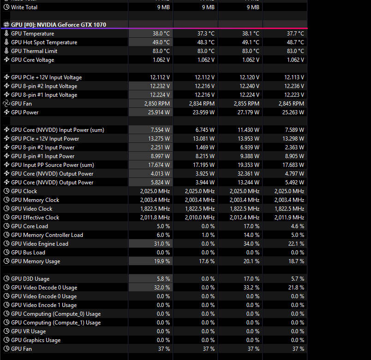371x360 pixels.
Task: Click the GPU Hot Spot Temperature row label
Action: (x=44, y=42)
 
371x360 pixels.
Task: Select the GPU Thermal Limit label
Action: (x=34, y=51)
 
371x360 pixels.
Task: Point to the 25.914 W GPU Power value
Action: (x=157, y=112)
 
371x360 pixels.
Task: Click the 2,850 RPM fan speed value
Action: (x=157, y=104)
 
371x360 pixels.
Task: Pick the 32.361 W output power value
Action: (x=247, y=174)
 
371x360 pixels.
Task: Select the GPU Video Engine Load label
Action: (x=39, y=244)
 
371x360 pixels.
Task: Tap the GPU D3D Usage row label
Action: (x=30, y=279)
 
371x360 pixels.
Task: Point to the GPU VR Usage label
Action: (x=28, y=331)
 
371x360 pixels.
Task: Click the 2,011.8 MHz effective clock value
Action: (x=155, y=218)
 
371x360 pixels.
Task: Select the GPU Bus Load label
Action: (x=28, y=253)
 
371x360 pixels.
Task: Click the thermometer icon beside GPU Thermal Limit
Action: (x=6, y=51)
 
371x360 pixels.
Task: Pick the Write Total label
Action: (x=24, y=7)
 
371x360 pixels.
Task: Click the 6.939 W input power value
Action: (x=249, y=148)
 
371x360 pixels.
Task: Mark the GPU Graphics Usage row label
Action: (x=36, y=340)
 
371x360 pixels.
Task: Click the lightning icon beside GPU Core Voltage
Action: (x=6, y=60)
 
